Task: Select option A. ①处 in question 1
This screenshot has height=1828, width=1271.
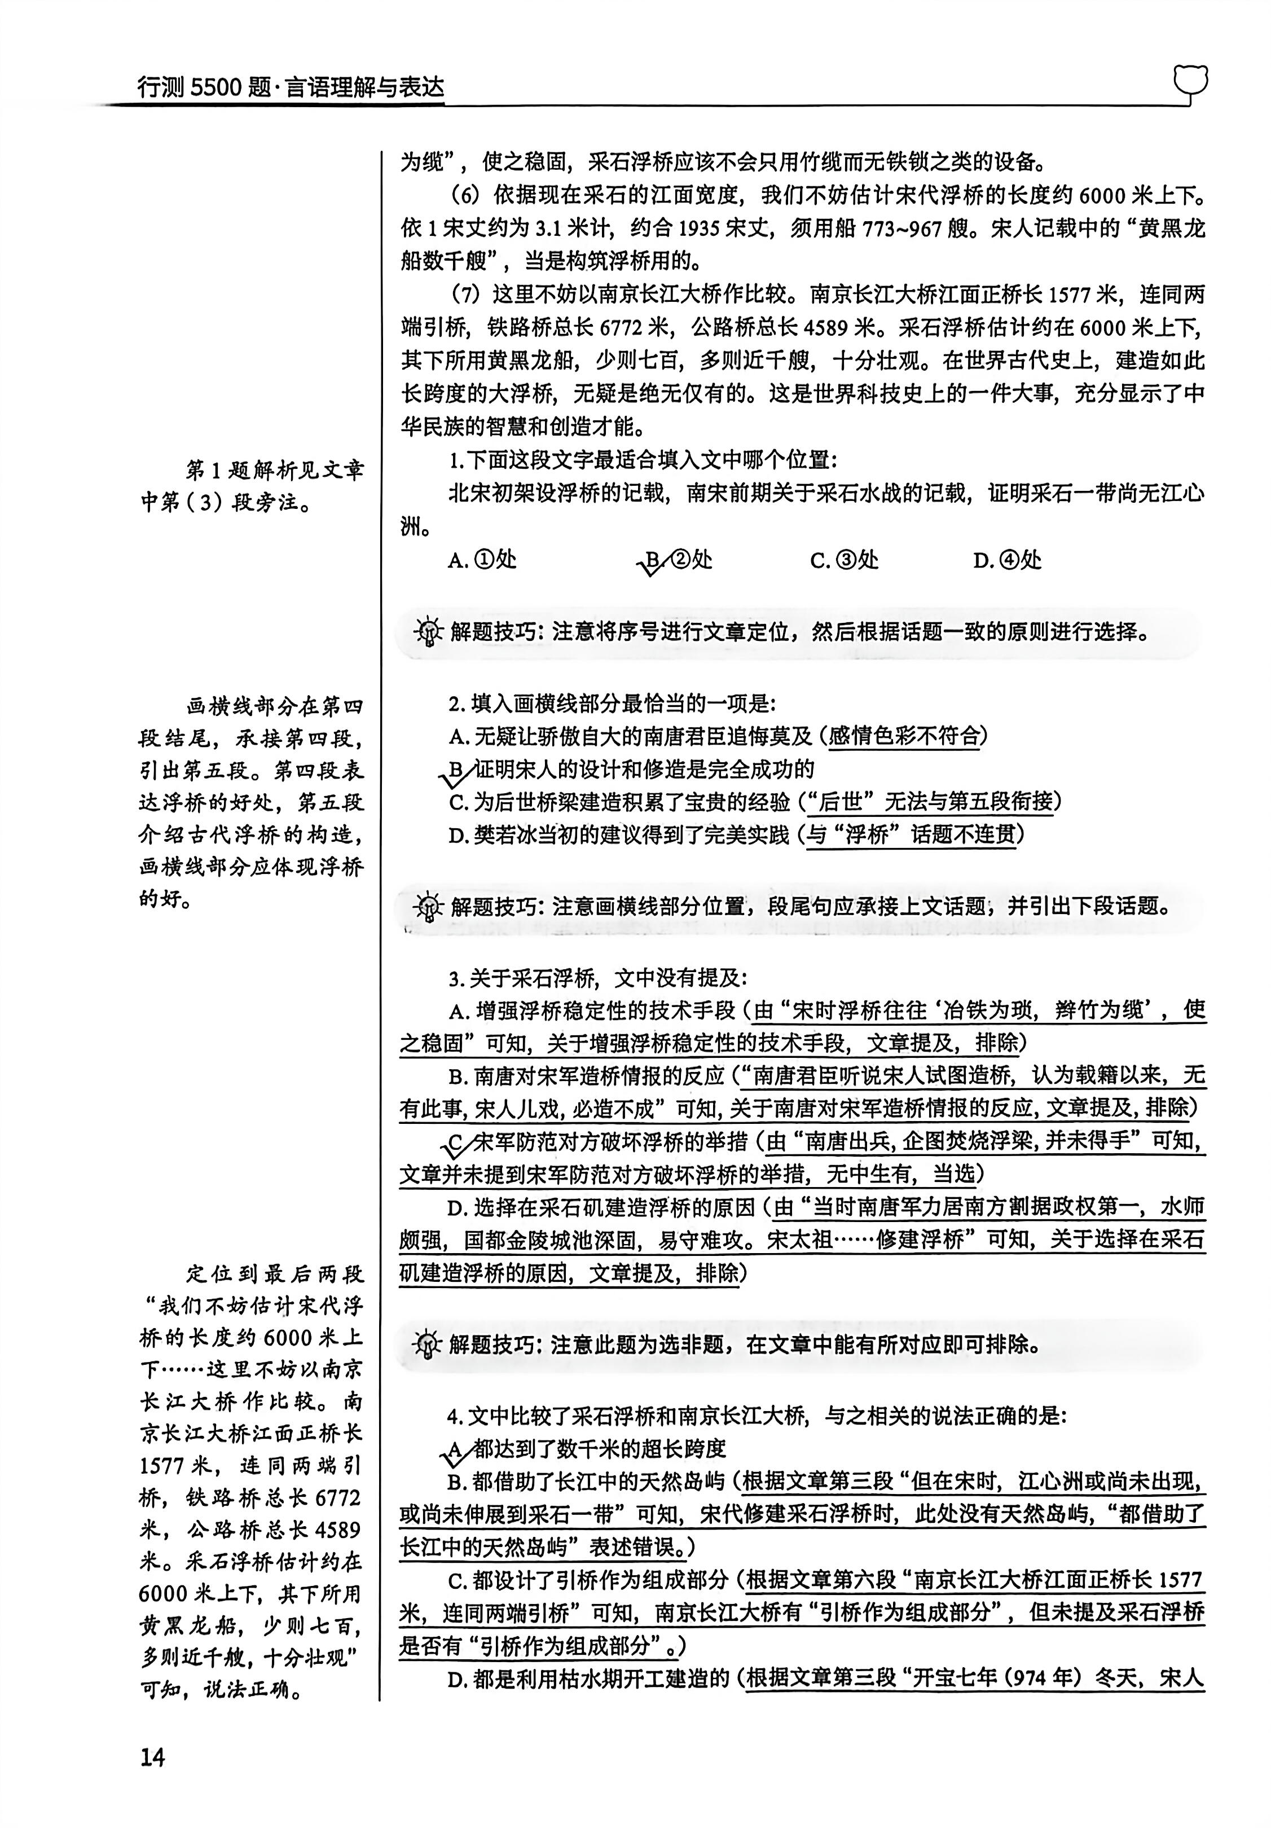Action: [x=482, y=560]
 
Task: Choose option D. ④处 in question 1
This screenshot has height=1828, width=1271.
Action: [x=1007, y=560]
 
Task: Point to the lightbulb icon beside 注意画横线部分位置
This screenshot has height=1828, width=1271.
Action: [x=428, y=906]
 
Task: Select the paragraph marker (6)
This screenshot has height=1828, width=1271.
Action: [x=465, y=195]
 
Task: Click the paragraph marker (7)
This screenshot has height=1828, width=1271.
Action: [x=465, y=295]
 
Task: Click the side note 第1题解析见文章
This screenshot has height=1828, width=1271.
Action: [x=275, y=470]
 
